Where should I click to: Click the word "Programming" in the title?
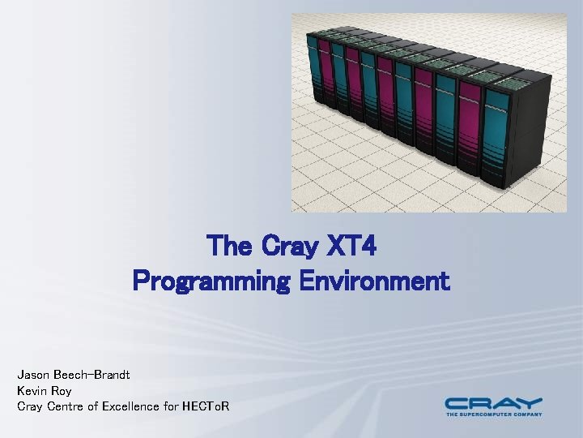[x=211, y=281]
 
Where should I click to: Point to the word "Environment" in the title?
[x=373, y=281]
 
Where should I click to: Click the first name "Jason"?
[x=33, y=375]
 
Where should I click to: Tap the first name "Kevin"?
[x=32, y=390]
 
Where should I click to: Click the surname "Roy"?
[x=62, y=390]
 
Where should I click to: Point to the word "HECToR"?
[x=206, y=406]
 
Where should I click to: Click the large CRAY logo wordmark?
[x=493, y=402]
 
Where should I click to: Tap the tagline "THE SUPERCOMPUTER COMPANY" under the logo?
[x=493, y=414]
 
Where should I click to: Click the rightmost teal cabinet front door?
[x=494, y=130]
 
